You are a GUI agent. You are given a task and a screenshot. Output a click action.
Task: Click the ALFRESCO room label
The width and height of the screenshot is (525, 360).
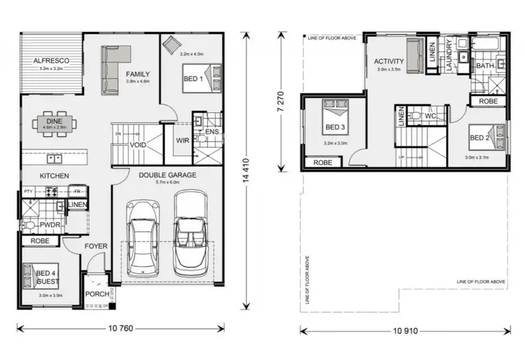click(50, 60)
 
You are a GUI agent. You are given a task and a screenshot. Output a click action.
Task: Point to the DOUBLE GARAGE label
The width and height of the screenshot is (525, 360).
click(167, 175)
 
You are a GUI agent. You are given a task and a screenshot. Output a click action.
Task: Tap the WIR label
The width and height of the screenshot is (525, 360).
click(182, 141)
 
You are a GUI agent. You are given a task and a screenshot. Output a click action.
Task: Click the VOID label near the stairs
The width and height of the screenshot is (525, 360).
click(138, 146)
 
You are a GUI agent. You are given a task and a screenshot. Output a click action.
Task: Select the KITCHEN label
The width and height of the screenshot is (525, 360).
click(52, 176)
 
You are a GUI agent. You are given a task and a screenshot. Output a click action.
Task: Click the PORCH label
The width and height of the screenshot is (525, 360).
click(97, 294)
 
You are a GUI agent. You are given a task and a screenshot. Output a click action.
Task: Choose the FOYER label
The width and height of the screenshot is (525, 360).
click(96, 246)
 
